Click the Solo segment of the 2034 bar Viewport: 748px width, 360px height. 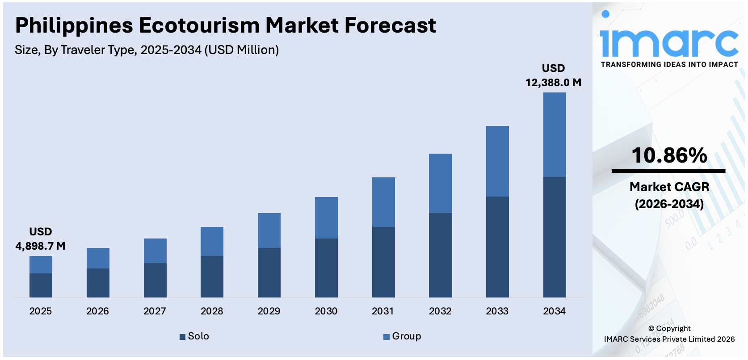tap(555, 237)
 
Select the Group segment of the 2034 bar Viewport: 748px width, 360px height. tap(555, 134)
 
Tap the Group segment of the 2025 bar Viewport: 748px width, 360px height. tap(41, 264)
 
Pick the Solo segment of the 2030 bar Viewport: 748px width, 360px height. tap(326, 268)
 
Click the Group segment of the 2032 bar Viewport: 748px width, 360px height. tap(440, 183)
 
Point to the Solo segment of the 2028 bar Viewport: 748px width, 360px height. tap(212, 276)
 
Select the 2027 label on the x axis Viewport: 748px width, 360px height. tap(155, 311)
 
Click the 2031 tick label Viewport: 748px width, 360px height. tap(383, 311)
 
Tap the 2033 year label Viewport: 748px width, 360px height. tap(497, 311)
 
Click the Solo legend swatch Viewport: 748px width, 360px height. tap(182, 337)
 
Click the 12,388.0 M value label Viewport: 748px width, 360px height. tap(553, 83)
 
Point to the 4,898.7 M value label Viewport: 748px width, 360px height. tap(40, 246)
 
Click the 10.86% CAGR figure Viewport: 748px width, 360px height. tap(669, 155)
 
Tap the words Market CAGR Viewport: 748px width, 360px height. tap(669, 187)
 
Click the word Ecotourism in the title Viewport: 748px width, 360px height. tap(200, 25)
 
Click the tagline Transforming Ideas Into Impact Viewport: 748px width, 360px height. tap(669, 64)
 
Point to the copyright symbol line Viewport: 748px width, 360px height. tap(669, 328)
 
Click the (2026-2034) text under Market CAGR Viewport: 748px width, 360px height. tap(669, 204)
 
